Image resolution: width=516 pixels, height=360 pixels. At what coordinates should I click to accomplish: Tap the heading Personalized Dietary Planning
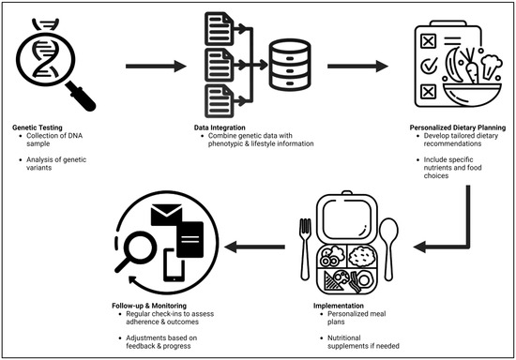[x=431, y=127]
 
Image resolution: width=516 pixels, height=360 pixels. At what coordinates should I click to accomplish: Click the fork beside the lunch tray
[x=305, y=244]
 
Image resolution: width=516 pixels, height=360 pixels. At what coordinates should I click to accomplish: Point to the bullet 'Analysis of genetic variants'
[x=58, y=162]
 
